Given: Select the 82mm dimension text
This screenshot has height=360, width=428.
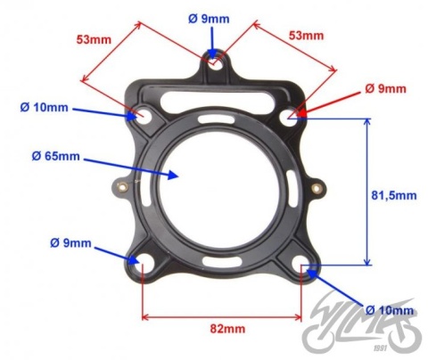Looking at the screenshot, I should tap(222, 330).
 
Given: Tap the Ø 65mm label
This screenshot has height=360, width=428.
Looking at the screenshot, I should tap(55, 157).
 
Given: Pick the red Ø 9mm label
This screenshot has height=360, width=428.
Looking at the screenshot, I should tap(385, 89).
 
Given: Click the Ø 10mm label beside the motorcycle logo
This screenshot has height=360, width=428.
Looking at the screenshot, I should tap(390, 310).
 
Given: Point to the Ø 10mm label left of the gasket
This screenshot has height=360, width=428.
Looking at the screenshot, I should tap(45, 109).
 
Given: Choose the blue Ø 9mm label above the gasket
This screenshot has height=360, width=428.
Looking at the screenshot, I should tap(210, 18).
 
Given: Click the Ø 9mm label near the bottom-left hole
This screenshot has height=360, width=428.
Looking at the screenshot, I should tap(70, 242).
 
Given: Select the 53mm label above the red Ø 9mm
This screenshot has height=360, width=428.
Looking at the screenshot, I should tap(307, 36).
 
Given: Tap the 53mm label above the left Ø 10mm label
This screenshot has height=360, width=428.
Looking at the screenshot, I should tap(92, 39).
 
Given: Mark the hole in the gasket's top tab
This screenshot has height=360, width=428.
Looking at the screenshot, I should tap(214, 60).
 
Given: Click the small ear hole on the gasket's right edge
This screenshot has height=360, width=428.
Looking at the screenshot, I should tap(317, 188).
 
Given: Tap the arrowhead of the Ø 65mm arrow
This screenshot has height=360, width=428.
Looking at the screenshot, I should tap(178, 175).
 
